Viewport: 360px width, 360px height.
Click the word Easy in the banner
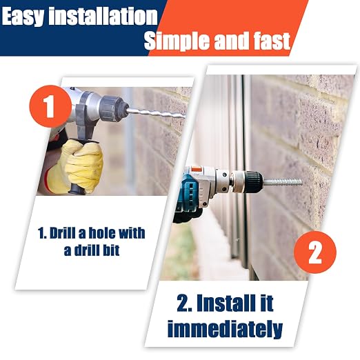(22, 16)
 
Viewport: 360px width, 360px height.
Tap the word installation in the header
(103, 16)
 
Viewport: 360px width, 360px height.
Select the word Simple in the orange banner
(177, 41)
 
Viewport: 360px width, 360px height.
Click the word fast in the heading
(272, 41)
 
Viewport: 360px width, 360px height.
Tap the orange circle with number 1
(50, 106)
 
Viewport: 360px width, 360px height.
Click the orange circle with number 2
(315, 252)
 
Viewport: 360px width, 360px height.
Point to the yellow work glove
(76, 165)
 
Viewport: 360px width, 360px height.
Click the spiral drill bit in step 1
(157, 113)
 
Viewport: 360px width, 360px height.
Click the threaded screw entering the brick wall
(283, 182)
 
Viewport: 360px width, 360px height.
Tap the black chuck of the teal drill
(252, 181)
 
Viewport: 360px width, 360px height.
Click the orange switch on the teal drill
(195, 169)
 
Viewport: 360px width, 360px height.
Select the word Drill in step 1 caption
(63, 233)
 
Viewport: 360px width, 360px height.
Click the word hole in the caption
(102, 233)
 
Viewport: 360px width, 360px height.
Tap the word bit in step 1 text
(111, 250)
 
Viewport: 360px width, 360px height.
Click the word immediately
(225, 329)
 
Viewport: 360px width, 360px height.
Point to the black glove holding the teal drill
(187, 214)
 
